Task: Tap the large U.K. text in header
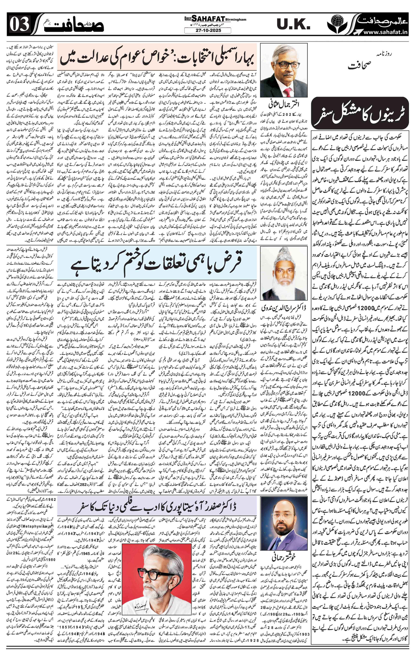293,25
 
